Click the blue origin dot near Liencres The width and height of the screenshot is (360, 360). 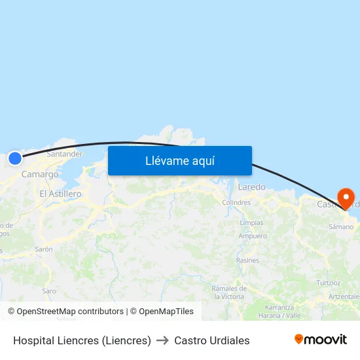tap(14, 158)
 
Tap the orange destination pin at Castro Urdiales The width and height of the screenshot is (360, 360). tap(345, 198)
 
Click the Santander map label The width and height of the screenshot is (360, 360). tap(64, 154)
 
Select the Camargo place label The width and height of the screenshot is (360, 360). tap(40, 174)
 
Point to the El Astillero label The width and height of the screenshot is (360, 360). tap(60, 194)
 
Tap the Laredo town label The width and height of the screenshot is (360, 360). tap(252, 187)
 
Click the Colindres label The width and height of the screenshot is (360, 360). tap(236, 203)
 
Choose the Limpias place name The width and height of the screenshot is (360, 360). tap(252, 223)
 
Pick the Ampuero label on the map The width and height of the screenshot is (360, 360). tap(253, 236)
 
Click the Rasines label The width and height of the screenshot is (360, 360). tap(247, 261)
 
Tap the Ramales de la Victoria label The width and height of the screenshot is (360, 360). tap(228, 292)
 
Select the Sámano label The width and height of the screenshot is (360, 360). tap(340, 227)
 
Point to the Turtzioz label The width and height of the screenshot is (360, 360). tap(329, 283)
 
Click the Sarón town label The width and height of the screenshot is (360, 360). tap(44, 249)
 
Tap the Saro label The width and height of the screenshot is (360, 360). tap(49, 291)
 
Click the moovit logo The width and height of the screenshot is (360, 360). tap(321, 340)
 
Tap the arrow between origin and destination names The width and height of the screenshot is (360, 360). tap(162, 340)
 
